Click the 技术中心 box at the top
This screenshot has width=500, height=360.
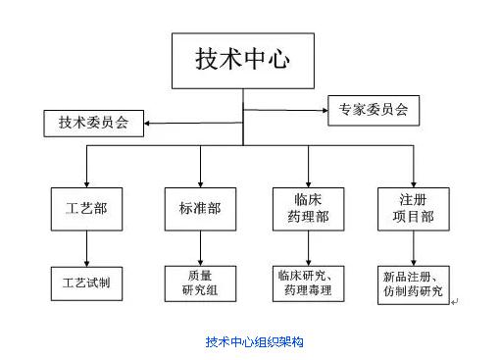(x=242, y=58)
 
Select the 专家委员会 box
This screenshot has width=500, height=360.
(x=374, y=110)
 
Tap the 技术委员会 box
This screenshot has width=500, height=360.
(x=93, y=123)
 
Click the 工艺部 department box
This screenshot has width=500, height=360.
(x=86, y=207)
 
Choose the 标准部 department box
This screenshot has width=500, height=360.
(x=199, y=207)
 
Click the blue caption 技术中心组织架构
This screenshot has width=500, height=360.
(x=254, y=341)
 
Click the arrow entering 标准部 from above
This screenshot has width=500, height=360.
(x=199, y=165)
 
